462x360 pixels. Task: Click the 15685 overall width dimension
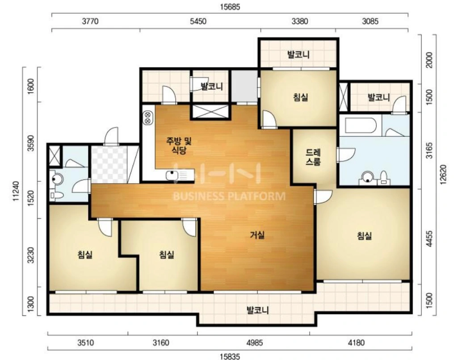[x=230, y=7]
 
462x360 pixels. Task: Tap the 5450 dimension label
[x=198, y=21]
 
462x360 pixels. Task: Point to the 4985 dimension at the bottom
[x=254, y=343]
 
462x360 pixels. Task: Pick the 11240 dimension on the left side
[x=16, y=191]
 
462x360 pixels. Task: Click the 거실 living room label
[x=257, y=235]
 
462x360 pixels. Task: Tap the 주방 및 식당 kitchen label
[x=179, y=146]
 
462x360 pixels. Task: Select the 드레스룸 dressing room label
[x=313, y=157]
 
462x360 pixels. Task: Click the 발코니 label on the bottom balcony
[x=257, y=310]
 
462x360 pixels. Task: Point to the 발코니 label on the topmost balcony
[x=298, y=54]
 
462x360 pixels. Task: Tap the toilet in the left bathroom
[x=56, y=195]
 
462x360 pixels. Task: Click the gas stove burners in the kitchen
[x=147, y=117]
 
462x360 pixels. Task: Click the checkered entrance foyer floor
[x=109, y=164]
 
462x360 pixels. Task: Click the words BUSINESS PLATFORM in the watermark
[x=229, y=196]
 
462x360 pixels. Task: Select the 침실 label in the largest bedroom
[x=364, y=236]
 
